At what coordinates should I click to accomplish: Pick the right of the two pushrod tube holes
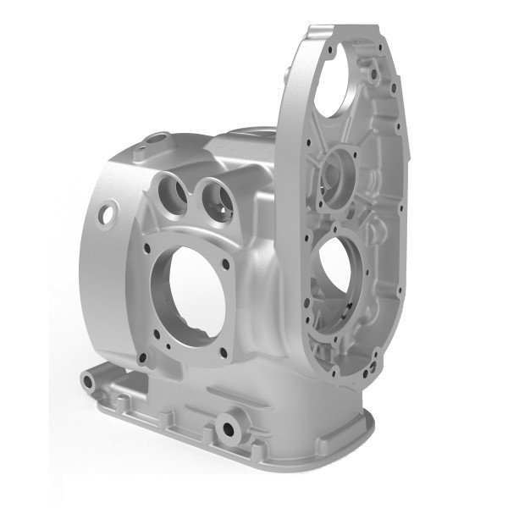pos(211,196)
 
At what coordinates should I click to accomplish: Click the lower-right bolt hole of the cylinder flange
pos(224,352)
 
